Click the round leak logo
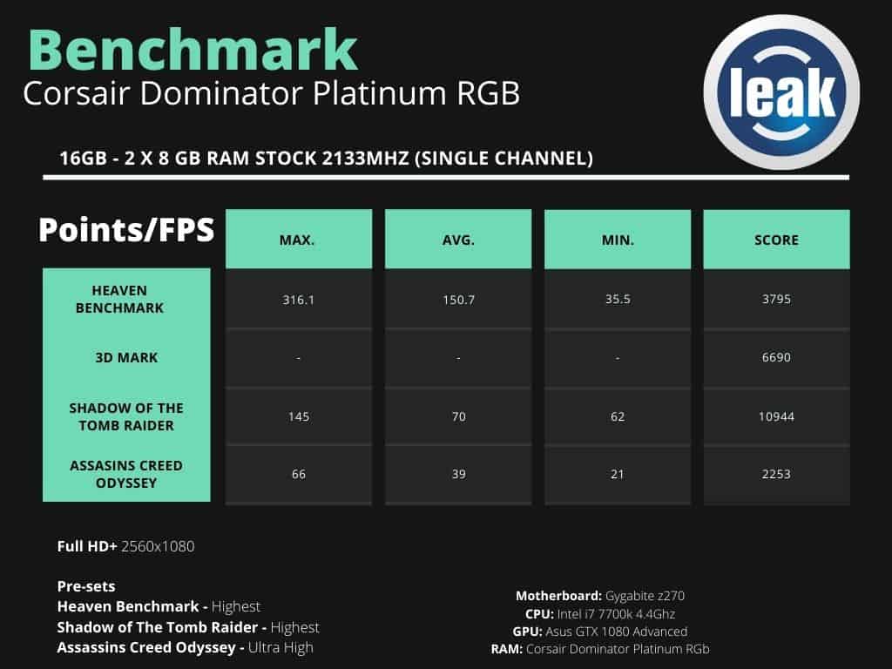781,92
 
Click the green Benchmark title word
193,50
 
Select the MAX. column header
297,240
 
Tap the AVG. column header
458,240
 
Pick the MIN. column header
618,240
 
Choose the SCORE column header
776,240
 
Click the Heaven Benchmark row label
119,300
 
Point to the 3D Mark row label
126,357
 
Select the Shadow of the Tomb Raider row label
126,416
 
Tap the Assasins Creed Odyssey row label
126,474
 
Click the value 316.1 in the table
299,300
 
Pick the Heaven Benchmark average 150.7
458,300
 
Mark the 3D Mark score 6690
776,357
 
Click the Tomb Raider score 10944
776,416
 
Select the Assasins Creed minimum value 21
618,474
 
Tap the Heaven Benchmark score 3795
776,300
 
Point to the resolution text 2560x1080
158,547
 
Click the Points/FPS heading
126,230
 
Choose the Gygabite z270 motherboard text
645,596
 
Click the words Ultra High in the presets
280,647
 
